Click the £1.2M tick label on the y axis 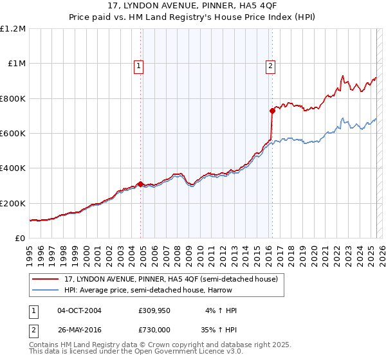click(x=13, y=29)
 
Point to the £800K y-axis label click(x=13, y=99)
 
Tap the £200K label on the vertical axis click(x=13, y=204)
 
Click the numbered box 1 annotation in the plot click(x=139, y=65)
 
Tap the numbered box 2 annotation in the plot click(x=270, y=65)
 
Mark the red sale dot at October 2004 click(x=140, y=184)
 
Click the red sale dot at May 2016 click(x=272, y=111)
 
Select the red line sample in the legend click(x=45, y=279)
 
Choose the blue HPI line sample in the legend click(x=45, y=290)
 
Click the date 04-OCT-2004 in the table click(x=79, y=310)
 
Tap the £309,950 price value click(x=154, y=310)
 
